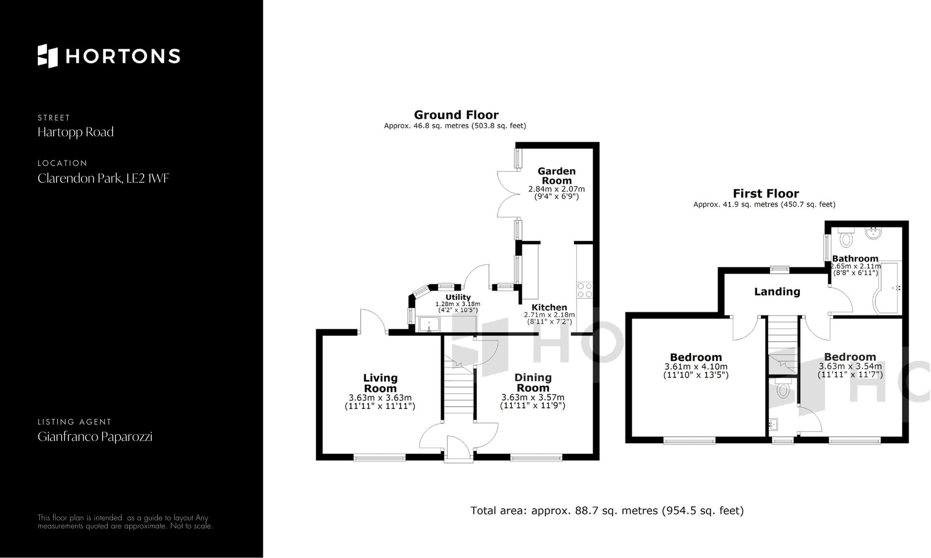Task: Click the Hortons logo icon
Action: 47,56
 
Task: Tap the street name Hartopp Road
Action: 76,132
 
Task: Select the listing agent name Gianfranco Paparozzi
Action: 95,436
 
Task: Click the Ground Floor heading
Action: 456,115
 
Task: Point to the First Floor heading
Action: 765,193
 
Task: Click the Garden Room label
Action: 556,176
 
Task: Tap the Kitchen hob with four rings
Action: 584,290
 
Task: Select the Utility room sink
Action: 429,324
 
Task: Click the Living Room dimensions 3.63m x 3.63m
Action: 380,398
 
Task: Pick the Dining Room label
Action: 533,382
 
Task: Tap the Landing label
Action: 777,291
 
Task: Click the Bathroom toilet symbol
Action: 847,237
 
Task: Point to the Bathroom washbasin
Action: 874,234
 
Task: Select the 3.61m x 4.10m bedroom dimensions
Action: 695,367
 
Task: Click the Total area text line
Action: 607,511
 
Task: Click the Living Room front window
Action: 379,458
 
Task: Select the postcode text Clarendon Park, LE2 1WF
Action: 103,179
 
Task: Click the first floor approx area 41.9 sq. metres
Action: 764,204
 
